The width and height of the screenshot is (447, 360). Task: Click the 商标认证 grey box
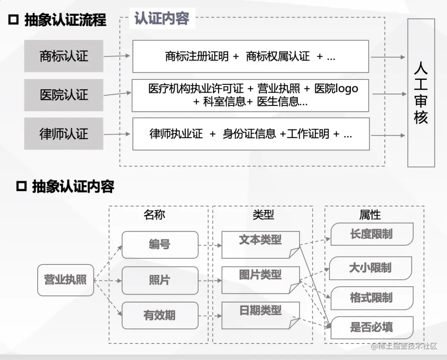[x=63, y=56]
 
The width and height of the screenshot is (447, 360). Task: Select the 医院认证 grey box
[x=63, y=95]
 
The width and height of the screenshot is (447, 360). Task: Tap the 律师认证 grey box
[x=63, y=134]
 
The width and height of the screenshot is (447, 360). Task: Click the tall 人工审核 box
[x=421, y=93]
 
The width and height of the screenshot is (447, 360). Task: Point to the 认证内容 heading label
[x=162, y=19]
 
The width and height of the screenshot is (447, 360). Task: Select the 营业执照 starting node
[x=65, y=280]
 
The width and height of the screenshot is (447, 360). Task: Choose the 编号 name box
[x=160, y=245]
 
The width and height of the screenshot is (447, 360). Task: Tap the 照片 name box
[x=160, y=280]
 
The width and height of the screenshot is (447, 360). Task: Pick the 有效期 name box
[x=160, y=315]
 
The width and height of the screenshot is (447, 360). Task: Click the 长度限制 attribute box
[x=372, y=234]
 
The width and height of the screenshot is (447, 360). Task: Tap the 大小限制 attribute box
[x=370, y=268]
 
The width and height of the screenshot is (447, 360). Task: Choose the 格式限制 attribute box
[x=372, y=298]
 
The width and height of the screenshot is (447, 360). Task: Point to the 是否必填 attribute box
[x=372, y=328]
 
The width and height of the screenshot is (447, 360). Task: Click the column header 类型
[x=263, y=214]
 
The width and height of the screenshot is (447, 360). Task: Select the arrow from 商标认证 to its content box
[x=117, y=56]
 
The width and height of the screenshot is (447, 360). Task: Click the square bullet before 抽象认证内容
[x=21, y=187]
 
